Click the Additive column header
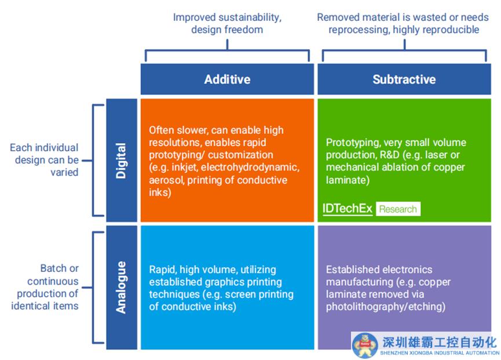coord(227,79)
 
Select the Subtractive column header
coord(404,79)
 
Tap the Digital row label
coord(121,161)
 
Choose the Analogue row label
coord(121,288)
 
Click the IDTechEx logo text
coord(348,209)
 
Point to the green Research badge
coord(398,209)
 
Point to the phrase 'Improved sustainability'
coord(227,17)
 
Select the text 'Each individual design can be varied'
coord(45,160)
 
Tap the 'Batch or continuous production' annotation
coord(45,287)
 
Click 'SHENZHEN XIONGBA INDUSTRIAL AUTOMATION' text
coord(439,352)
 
